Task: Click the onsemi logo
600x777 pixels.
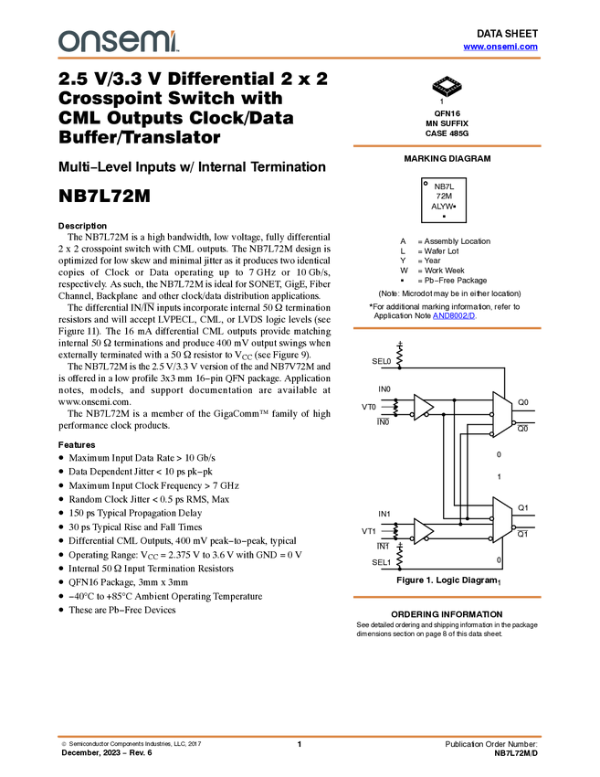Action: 119,41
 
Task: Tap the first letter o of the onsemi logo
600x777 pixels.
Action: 67,41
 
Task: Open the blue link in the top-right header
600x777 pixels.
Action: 500,47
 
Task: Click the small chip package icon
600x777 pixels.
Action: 447,86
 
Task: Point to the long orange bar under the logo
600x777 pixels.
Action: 300,59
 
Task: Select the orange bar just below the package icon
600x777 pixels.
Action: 447,145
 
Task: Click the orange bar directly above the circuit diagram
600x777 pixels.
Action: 447,328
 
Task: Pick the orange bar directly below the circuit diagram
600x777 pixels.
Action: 447,597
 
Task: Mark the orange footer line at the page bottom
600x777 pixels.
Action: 300,736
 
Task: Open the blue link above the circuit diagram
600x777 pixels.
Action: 454,316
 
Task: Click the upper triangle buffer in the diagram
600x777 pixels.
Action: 421,407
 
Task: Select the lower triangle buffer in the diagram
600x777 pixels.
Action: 421,531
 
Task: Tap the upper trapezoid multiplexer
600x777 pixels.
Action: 501,414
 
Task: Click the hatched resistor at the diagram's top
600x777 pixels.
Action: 399,357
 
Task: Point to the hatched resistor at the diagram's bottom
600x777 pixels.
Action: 399,558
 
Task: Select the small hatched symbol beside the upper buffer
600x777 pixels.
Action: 396,407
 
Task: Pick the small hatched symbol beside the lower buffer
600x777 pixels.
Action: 396,531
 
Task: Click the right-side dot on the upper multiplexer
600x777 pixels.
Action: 514,422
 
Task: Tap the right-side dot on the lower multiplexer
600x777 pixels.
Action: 514,527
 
